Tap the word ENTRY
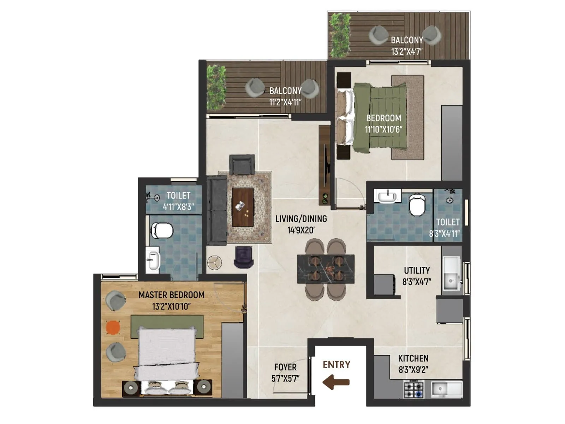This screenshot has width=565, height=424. point(337,365)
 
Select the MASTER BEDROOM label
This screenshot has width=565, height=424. point(171,295)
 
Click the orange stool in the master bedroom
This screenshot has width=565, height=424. point(113,327)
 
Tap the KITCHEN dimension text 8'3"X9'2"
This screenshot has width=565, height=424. point(413,370)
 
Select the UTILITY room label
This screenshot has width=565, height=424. point(417,271)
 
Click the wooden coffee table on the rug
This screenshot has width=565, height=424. point(243,207)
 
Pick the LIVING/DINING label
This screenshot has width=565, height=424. point(301,219)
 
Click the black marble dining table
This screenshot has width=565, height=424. point(326,269)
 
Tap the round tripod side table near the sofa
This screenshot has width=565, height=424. point(214,263)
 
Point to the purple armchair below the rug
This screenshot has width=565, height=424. point(244,257)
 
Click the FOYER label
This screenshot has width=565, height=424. point(285,367)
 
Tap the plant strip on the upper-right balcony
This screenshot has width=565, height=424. point(340,35)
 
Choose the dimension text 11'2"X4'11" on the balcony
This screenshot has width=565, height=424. point(285,102)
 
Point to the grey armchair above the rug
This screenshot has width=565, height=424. point(242,164)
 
